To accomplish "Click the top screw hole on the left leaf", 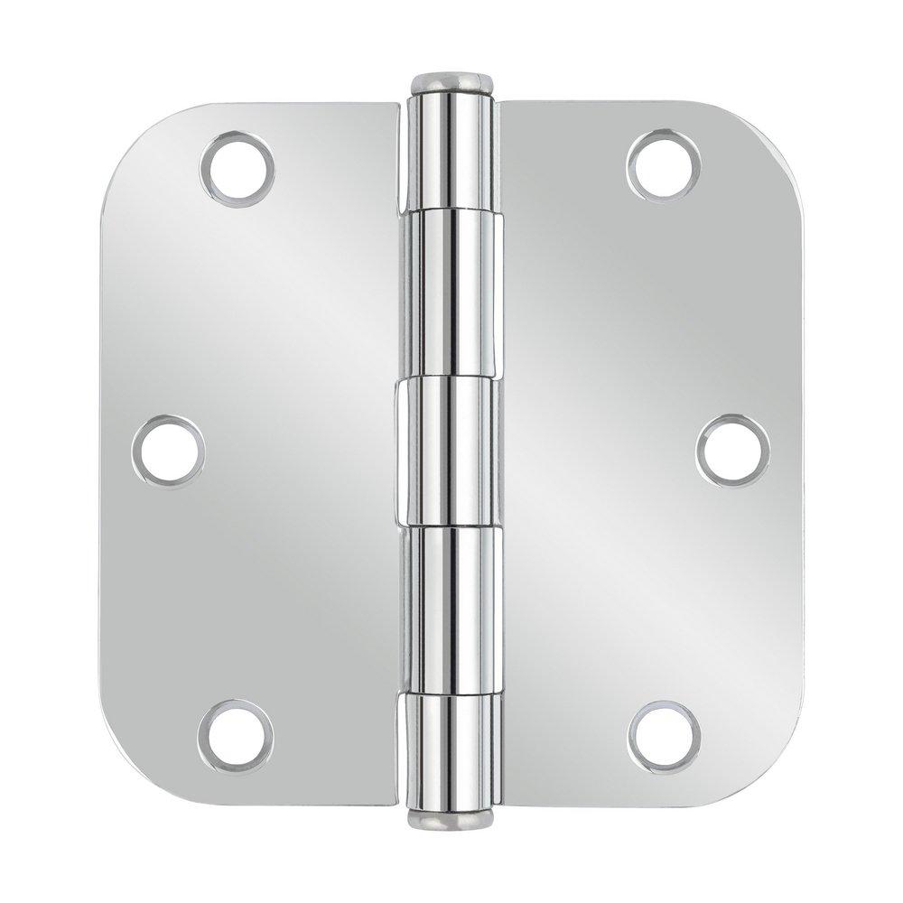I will point(237,166).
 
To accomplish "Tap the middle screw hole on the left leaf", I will point(168,451).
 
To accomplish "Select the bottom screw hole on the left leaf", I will point(236,735).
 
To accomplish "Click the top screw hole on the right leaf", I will point(664,166).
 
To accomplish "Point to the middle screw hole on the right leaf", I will point(733,451).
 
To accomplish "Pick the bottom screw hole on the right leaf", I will point(665,735).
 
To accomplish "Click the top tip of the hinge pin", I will point(450,76).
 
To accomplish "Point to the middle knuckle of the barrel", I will point(450,451).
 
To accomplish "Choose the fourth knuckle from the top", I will point(450,610).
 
